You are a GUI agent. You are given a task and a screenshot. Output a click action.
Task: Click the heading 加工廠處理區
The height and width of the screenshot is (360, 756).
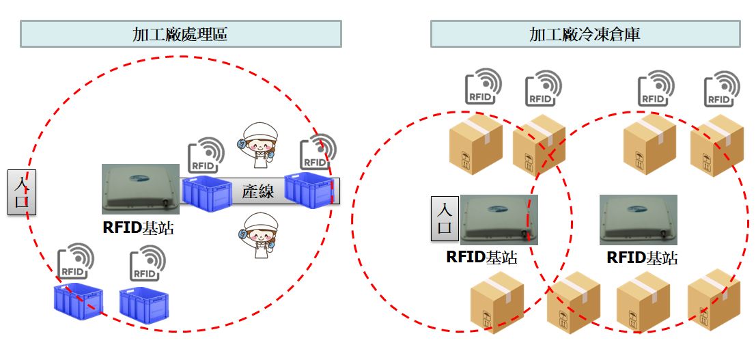click(x=180, y=34)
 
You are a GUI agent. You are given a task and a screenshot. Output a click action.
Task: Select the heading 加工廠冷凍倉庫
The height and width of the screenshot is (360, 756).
click(x=585, y=34)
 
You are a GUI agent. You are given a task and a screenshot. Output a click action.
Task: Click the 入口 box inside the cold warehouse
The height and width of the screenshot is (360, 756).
click(x=445, y=219)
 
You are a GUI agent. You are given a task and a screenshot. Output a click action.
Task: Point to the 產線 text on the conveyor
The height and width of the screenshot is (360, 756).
click(x=258, y=192)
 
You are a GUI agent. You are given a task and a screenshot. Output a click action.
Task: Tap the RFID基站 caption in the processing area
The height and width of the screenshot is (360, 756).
click(x=138, y=228)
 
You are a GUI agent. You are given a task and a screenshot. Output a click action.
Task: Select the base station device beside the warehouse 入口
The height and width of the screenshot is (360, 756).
click(x=499, y=219)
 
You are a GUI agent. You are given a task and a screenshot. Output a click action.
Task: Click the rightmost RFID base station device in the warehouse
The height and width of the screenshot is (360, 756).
click(x=639, y=219)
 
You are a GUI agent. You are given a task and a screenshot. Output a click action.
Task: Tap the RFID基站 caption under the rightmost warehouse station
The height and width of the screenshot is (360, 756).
click(x=642, y=258)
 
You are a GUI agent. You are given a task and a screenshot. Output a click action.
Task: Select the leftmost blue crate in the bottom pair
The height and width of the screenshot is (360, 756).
click(x=78, y=301)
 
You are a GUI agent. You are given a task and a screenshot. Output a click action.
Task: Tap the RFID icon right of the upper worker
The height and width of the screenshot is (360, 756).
click(x=318, y=152)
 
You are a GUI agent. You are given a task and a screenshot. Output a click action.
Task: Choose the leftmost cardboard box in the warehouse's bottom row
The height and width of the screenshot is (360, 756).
click(x=497, y=301)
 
